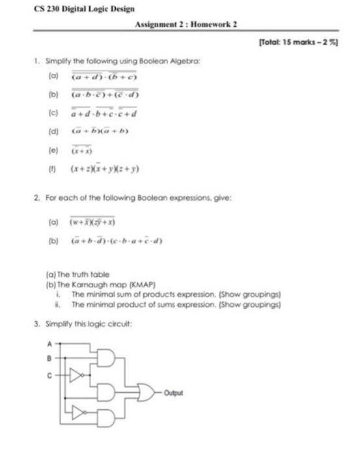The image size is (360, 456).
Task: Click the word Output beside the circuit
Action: tap(174, 393)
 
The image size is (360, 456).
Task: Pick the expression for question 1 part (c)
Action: tap(104, 113)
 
